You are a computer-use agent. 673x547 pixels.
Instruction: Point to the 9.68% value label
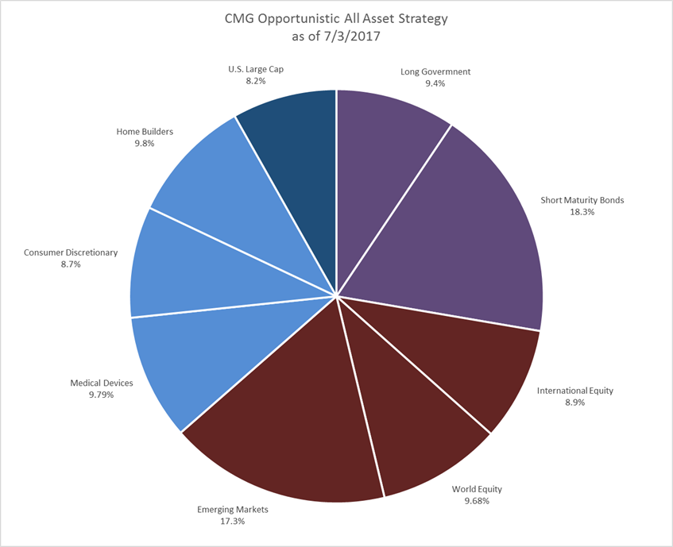477,502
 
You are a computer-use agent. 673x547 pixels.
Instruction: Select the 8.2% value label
254,82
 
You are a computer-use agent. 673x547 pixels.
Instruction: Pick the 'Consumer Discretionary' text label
70,252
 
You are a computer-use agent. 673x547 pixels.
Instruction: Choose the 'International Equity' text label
575,391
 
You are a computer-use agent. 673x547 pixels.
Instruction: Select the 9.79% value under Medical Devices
102,395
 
